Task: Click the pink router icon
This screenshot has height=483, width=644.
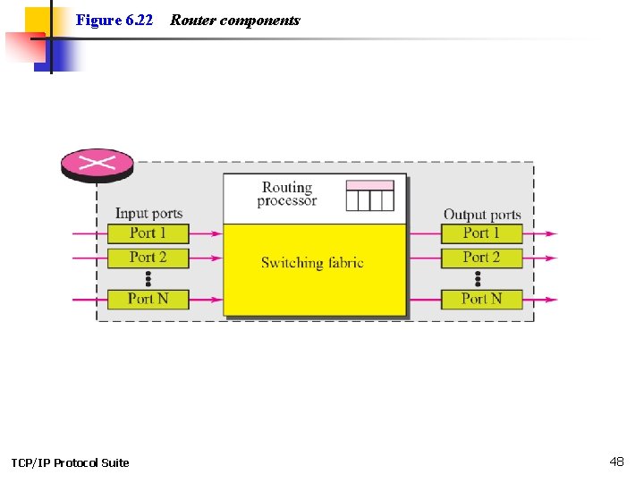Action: click(97, 164)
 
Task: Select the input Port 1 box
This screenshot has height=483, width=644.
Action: click(148, 233)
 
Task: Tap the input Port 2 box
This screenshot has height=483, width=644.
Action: click(148, 258)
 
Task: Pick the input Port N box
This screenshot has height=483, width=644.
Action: click(148, 299)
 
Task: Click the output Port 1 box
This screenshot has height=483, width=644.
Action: click(481, 233)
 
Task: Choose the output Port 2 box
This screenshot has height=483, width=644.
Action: click(481, 258)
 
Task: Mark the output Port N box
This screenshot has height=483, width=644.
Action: click(481, 299)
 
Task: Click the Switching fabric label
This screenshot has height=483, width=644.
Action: click(312, 263)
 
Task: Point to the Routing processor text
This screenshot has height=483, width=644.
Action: click(286, 194)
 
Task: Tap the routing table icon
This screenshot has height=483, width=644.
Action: click(369, 195)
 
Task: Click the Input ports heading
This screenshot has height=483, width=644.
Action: click(148, 214)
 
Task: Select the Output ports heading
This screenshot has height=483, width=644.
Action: click(482, 215)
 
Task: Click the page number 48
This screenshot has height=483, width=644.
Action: click(616, 462)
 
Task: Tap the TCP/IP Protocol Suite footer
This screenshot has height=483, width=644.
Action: click(70, 462)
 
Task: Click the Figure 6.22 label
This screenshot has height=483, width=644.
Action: click(114, 20)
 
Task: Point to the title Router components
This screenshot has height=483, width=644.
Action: click(235, 20)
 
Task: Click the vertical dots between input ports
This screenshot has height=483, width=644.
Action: click(148, 278)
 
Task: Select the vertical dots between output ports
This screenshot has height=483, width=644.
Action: click(478, 278)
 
